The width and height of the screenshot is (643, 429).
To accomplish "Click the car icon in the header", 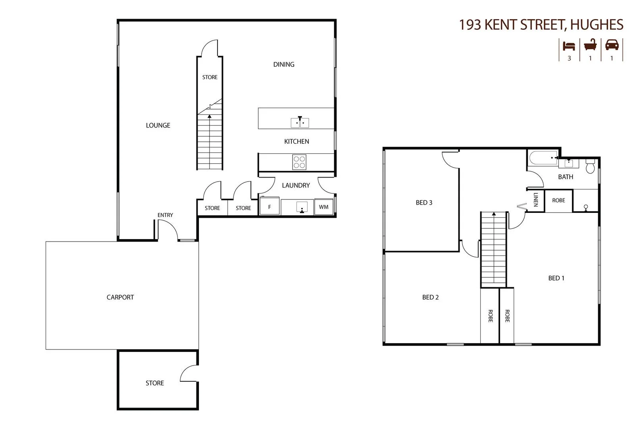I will coord(612,45).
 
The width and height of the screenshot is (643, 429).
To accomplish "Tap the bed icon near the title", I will coord(569,46).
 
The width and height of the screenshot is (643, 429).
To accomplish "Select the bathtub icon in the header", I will coord(590,45).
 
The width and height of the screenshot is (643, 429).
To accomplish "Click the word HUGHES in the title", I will coord(597,25).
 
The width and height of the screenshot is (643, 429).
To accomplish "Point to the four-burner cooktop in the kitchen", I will coord(299,162).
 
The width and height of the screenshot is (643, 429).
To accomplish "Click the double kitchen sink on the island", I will coord(300,122).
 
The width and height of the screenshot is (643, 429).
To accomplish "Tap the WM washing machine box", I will coord(323,207).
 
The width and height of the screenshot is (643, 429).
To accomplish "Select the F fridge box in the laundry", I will coord(270,207).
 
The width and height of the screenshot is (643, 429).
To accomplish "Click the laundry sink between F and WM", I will coord(302,207).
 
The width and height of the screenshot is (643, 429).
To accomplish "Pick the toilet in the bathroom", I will coord(590,166).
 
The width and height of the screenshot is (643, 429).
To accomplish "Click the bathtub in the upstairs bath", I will coord(543,158).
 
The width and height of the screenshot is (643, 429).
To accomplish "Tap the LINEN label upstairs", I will coord(535,199).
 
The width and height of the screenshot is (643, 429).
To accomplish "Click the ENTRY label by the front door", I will coord(165,215).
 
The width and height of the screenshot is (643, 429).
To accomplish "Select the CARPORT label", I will coord(120,297).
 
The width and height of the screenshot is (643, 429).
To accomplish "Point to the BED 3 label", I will coord(424,203).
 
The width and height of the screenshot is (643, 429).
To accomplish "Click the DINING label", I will coord(284,64).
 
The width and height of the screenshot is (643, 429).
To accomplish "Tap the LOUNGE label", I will coord(158,126).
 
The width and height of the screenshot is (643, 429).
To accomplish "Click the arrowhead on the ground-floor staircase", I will coord(210,116).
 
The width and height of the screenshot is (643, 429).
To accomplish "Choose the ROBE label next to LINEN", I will coord(558,201).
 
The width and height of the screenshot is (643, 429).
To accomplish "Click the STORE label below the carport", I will coord(155,383).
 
